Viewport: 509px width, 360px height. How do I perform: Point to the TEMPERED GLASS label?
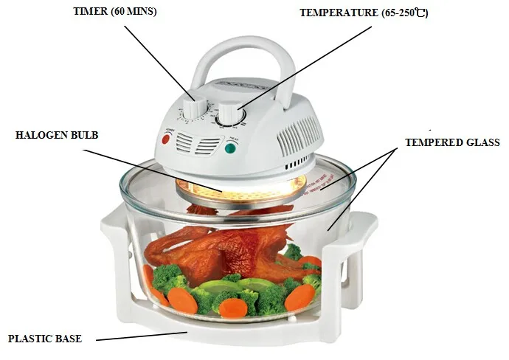click(452, 142)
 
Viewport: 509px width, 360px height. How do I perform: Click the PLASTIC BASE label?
click(44, 339)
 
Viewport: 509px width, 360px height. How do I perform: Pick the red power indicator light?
click(166, 138)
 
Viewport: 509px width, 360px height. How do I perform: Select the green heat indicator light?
click(230, 148)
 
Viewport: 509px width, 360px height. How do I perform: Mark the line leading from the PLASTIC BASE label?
click(140, 336)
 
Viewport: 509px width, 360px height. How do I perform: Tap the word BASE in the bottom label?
click(68, 339)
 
